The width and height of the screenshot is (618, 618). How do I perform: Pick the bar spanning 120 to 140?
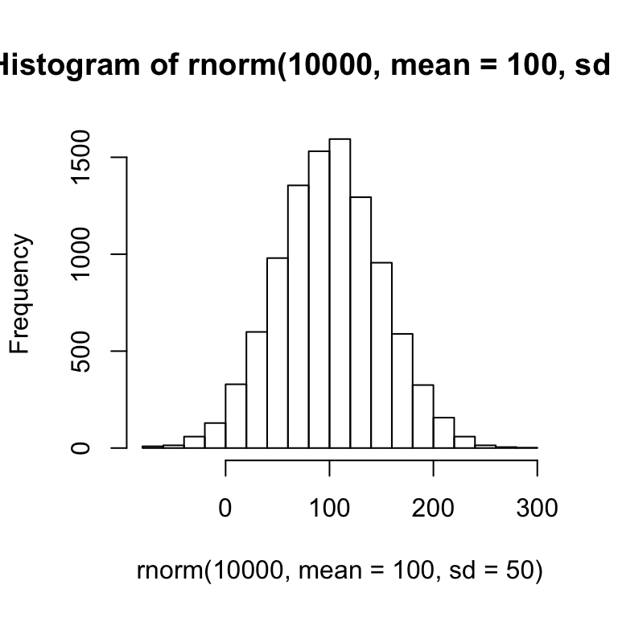coord(360,322)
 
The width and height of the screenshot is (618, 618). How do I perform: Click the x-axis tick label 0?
coord(225,509)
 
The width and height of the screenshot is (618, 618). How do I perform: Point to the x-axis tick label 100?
coord(329,509)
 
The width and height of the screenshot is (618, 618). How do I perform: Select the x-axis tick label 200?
coord(433,509)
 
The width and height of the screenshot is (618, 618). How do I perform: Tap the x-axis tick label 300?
coord(537,509)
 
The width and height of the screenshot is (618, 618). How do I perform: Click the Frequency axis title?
coord(20,295)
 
